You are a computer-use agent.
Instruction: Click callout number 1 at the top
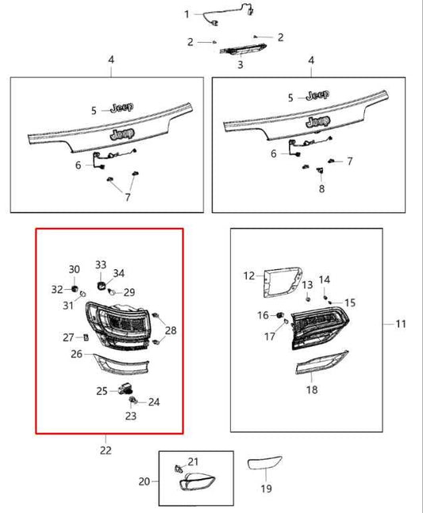[187, 14]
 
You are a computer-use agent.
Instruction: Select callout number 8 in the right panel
[321, 189]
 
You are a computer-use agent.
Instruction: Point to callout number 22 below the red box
[106, 450]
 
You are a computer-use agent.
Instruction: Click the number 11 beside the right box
[400, 324]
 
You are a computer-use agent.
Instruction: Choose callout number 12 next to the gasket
[249, 276]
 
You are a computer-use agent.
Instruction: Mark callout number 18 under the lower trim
[311, 390]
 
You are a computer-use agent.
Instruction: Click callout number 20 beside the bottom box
[144, 481]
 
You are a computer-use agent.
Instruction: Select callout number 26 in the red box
[76, 353]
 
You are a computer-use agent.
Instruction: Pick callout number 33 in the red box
[101, 264]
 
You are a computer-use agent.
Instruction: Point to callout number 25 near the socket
[102, 391]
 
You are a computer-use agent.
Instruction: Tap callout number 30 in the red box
[74, 269]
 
